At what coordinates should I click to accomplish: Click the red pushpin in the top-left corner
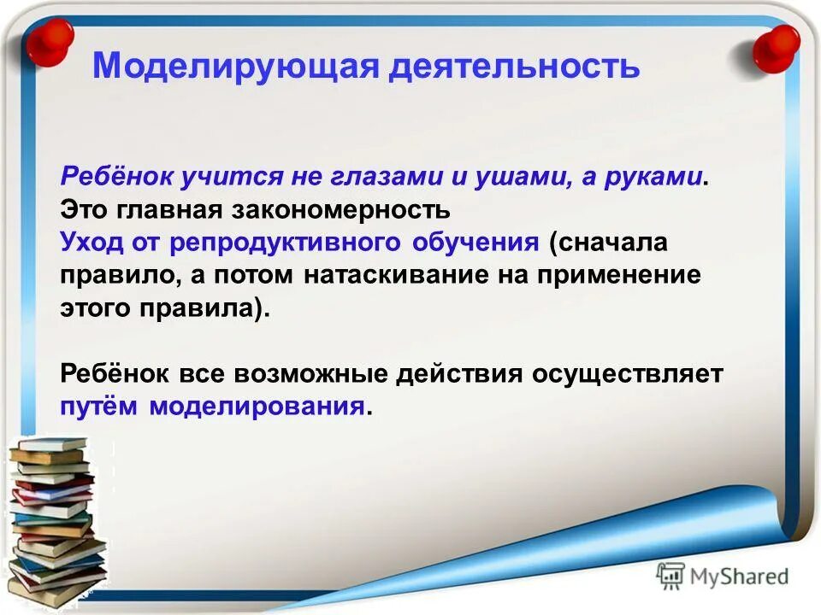click(x=49, y=38)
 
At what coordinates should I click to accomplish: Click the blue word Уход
click(x=91, y=242)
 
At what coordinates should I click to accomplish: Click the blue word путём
click(x=101, y=407)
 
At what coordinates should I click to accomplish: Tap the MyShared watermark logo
click(x=723, y=577)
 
